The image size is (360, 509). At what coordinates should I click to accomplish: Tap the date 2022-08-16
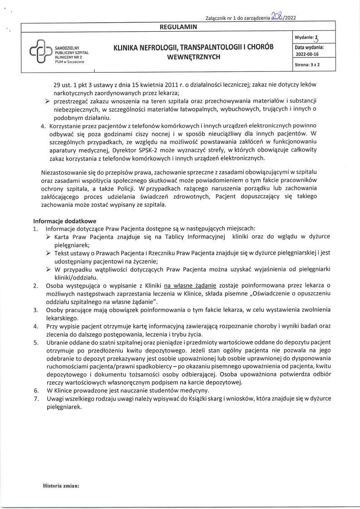(x=308, y=54)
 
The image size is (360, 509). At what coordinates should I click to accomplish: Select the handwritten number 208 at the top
(x=276, y=16)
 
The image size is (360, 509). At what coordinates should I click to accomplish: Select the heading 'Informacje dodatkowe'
(x=62, y=221)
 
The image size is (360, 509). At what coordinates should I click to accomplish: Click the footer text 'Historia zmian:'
(x=61, y=485)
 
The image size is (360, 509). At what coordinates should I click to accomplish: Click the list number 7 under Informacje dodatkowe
(x=35, y=399)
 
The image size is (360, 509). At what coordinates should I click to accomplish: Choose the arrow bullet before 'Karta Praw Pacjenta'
(x=49, y=237)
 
